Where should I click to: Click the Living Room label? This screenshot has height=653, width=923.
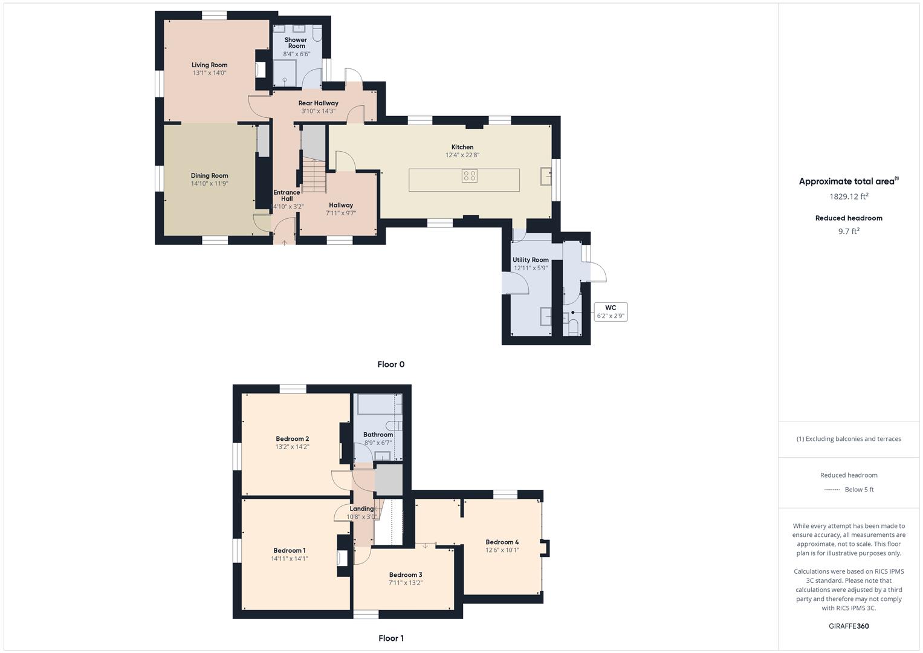coord(209,65)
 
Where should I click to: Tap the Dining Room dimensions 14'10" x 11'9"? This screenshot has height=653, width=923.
coord(209,184)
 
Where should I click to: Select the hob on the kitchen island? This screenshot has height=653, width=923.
coord(470,176)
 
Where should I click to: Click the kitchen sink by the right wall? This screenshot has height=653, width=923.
coord(546,175)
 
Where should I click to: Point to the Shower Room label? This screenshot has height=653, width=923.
coord(296,43)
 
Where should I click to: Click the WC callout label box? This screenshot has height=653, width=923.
coord(610,312)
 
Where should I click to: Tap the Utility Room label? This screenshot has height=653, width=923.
coord(531,260)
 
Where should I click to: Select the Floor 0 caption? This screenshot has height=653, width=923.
coord(391,364)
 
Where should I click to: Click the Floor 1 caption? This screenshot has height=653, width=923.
coord(391,638)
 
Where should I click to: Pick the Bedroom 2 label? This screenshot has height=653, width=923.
coord(293,439)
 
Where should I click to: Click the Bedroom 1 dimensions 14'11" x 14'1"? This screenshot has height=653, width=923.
coord(290,559)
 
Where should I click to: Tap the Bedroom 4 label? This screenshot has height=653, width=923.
coord(502,542)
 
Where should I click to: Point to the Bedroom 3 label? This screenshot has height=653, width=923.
coord(406,575)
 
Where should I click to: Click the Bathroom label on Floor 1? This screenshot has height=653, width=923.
coord(378,435)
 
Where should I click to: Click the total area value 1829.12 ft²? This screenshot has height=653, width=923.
coord(849,197)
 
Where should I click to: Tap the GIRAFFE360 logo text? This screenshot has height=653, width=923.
coord(849,626)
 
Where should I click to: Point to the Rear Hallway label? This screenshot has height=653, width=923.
coord(319,103)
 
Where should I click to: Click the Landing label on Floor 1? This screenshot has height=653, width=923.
coord(361,508)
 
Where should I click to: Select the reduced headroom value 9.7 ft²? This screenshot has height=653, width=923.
coord(849,231)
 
